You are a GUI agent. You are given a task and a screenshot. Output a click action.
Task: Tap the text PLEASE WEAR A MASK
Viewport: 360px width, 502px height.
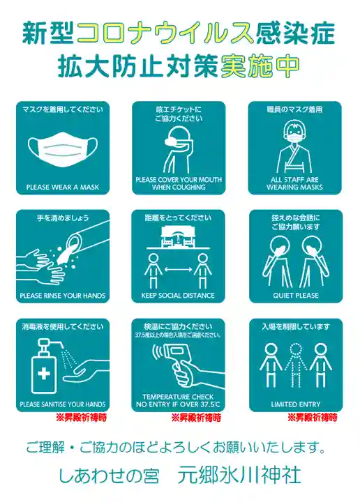point(63,187)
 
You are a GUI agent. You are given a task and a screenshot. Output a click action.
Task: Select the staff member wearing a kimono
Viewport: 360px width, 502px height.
point(295,149)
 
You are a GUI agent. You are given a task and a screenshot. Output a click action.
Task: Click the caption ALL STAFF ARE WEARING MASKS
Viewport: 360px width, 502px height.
point(295,183)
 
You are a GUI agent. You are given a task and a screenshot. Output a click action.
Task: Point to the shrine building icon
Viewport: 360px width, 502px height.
point(179,238)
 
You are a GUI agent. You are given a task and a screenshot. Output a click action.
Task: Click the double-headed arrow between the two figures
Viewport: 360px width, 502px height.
point(179,268)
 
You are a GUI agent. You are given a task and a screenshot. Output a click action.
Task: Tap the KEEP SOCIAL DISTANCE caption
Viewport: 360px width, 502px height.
point(179,296)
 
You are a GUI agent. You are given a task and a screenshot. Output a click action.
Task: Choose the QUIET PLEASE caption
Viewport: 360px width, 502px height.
point(295,296)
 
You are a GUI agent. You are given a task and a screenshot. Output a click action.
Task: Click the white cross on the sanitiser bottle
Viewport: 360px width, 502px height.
point(44,372)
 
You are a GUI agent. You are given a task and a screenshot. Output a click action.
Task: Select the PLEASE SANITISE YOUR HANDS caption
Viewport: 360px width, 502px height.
point(63,404)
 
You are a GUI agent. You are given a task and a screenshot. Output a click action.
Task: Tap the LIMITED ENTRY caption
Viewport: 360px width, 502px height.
point(295,404)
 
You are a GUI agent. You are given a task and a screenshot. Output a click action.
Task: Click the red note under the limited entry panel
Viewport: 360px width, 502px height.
point(312,418)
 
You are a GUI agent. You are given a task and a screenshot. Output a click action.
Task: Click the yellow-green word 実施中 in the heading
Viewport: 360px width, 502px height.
point(260,65)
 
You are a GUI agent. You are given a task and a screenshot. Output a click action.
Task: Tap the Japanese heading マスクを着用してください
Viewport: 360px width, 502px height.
point(63,109)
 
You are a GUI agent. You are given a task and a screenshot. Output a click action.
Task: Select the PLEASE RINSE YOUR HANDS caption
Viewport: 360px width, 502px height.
point(63,296)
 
